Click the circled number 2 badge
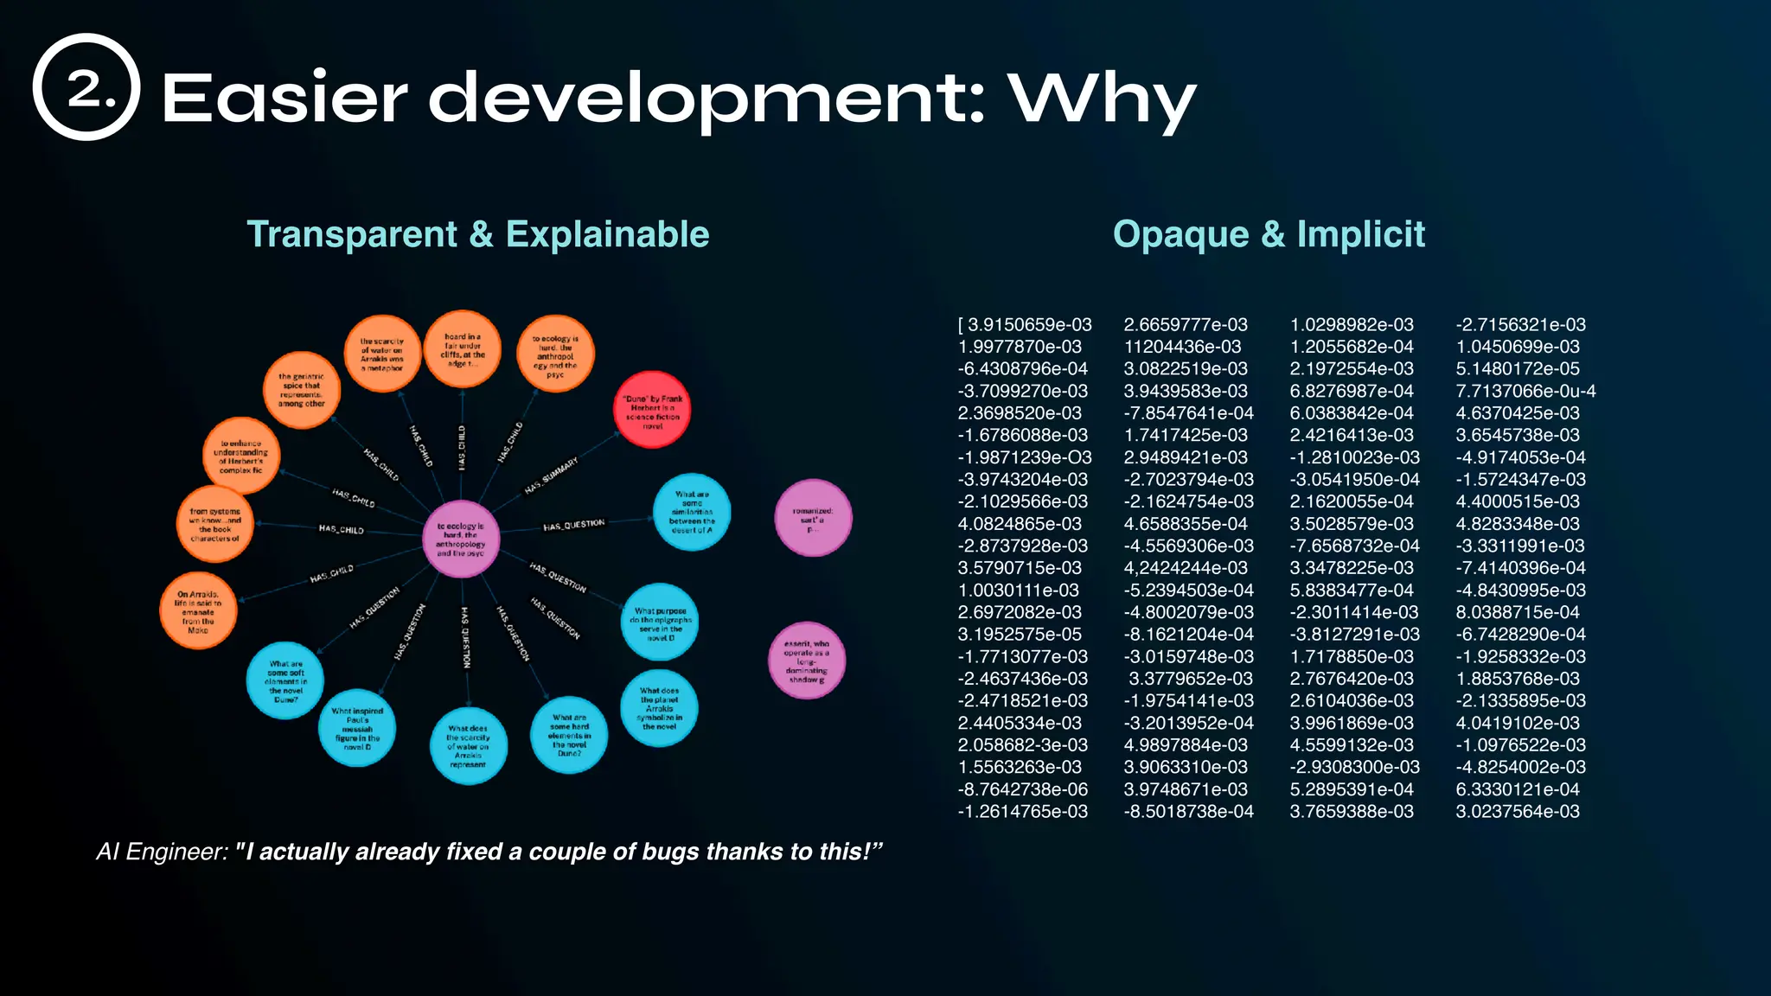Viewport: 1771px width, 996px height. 86,87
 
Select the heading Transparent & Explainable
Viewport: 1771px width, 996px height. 477,234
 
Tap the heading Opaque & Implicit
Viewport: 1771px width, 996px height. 1269,234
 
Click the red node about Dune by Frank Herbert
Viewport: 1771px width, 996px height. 652,410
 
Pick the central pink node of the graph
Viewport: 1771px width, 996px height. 461,539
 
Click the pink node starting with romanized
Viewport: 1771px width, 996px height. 813,518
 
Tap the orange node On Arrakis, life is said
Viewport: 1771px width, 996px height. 198,611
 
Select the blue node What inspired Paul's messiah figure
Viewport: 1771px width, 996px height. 357,728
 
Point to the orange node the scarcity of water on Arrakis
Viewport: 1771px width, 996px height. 382,354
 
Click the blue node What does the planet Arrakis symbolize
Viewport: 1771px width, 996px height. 659,708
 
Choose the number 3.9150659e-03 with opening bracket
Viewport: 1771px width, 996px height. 1025,325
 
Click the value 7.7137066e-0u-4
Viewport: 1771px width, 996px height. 1525,392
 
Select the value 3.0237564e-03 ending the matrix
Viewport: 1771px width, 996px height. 1518,812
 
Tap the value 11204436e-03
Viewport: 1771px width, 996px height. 1182,347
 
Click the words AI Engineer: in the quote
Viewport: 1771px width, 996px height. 162,852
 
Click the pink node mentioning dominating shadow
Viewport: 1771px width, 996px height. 807,661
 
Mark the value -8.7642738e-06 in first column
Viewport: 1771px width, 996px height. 1023,789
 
